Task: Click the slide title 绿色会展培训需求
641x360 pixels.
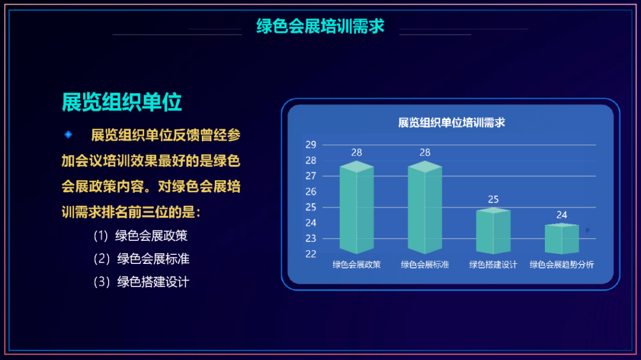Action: [x=320, y=26]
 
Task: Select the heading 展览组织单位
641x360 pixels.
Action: [x=122, y=102]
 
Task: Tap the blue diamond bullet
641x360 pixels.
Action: [x=68, y=135]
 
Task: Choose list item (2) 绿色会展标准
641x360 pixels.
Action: [x=141, y=259]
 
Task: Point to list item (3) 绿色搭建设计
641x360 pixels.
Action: [x=141, y=282]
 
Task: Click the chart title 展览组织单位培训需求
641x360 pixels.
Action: [x=451, y=123]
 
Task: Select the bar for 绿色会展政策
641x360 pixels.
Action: [x=357, y=208]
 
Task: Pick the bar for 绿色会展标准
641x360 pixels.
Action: [x=425, y=208]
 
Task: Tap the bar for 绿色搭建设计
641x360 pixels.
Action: [x=493, y=231]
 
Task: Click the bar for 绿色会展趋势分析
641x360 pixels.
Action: [x=561, y=238]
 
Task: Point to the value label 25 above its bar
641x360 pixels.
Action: [x=493, y=199]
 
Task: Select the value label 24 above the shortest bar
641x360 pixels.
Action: [x=561, y=215]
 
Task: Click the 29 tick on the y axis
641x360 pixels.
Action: [x=310, y=145]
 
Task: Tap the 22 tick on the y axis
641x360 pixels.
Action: [x=310, y=254]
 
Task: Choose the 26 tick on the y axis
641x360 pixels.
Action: [x=310, y=192]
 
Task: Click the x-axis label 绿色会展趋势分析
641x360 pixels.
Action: [x=561, y=265]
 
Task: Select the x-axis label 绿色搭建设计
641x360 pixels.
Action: [x=493, y=265]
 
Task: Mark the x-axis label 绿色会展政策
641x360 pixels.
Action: [x=357, y=265]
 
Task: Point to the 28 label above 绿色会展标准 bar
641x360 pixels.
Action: [x=425, y=152]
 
